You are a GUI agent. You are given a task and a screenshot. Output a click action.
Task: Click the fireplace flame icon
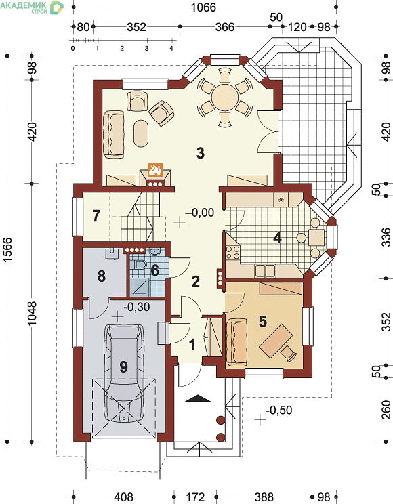(x=155, y=170)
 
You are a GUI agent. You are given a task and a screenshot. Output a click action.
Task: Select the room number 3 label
(x=201, y=153)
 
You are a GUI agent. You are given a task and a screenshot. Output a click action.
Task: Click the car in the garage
(x=123, y=373)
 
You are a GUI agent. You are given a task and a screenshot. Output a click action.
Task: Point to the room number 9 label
(x=123, y=366)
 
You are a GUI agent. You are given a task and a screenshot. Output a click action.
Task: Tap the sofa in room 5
(x=237, y=341)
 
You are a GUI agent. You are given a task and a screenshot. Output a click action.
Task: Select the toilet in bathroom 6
(x=141, y=265)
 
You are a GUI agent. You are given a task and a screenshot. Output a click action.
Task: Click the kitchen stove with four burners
(x=233, y=252)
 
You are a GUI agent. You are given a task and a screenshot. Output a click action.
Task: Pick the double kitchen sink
(x=265, y=271)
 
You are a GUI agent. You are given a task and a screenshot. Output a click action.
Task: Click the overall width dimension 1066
(x=203, y=7)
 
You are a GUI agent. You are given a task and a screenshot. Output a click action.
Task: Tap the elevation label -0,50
(x=279, y=410)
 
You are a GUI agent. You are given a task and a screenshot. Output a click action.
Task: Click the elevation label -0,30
(x=137, y=307)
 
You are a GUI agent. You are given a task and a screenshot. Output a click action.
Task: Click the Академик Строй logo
(x=32, y=7)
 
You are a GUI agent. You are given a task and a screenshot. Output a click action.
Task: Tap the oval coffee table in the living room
(x=141, y=133)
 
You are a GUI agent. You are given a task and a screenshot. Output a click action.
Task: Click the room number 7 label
(x=96, y=215)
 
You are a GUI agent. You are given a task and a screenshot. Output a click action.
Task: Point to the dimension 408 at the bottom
(x=124, y=497)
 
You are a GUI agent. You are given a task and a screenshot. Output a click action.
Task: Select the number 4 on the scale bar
(x=171, y=49)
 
